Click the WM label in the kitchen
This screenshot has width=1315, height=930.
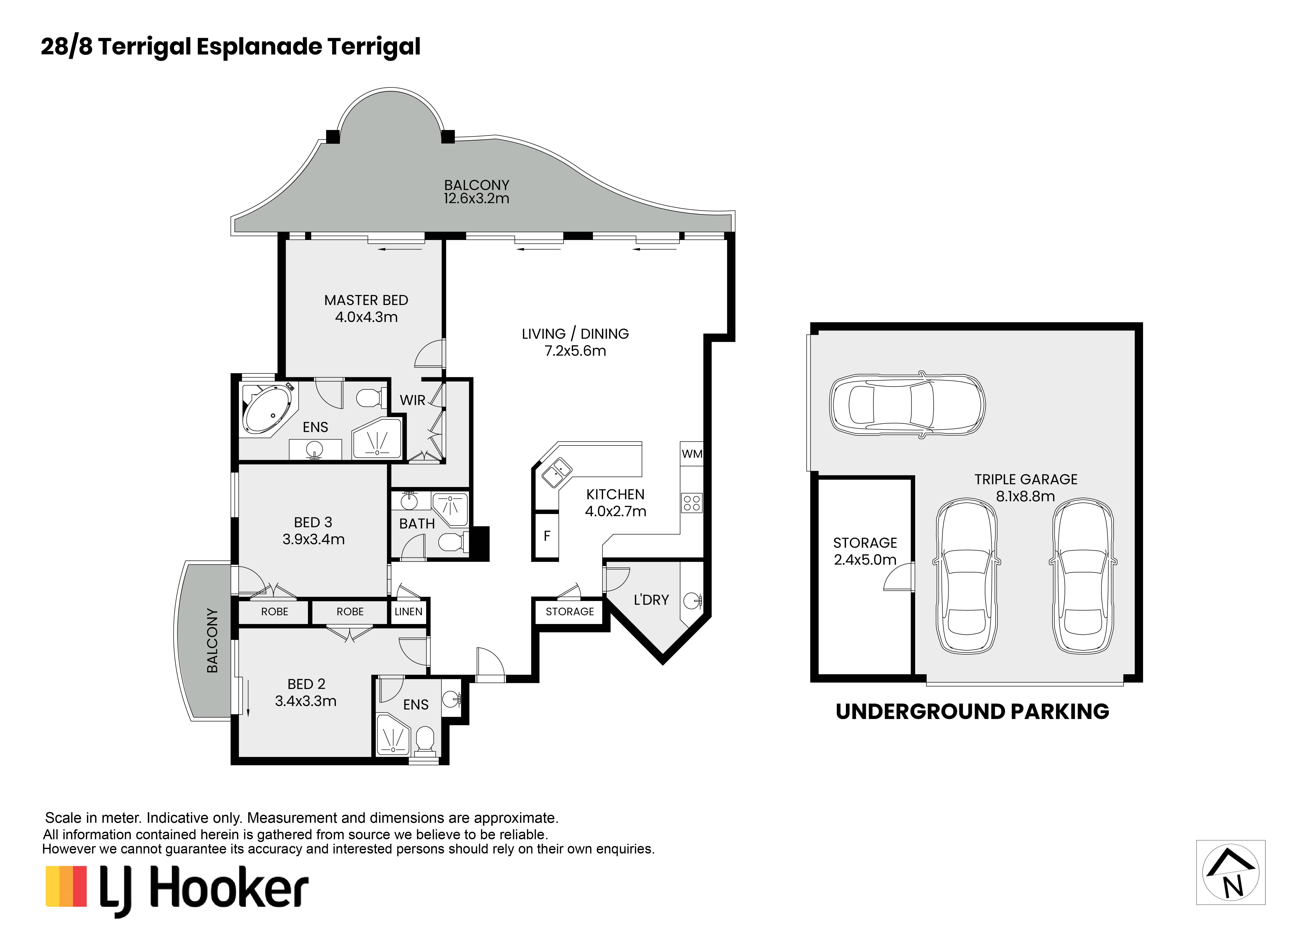click(x=692, y=454)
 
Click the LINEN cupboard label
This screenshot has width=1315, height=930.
click(x=408, y=611)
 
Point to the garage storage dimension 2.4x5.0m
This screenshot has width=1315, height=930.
click(x=865, y=560)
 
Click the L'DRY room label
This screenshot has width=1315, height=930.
click(x=651, y=600)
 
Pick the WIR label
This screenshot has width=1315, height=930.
click(x=412, y=400)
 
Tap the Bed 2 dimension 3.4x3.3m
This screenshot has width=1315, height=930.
click(x=306, y=701)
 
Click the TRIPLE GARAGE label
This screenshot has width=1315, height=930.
click(x=1026, y=479)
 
